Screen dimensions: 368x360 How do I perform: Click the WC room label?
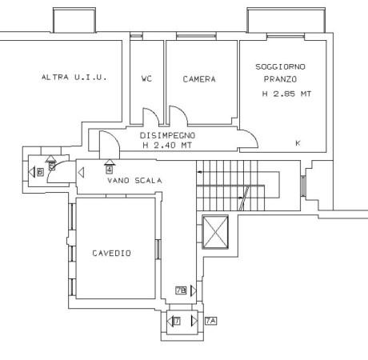point(146,78)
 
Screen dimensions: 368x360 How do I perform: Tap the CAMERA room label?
point(199,79)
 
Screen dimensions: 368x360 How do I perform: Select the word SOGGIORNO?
point(280,66)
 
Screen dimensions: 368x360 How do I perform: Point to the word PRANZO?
point(280,79)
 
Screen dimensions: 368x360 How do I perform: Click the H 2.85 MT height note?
point(286,94)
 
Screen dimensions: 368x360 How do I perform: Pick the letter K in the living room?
point(298,143)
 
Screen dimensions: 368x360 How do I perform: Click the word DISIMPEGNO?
point(167,135)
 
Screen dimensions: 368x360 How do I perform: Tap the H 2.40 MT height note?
point(167,146)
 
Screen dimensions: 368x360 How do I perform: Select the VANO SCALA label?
point(134,181)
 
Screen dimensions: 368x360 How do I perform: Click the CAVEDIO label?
point(112,253)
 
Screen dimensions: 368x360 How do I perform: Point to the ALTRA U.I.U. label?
point(74,78)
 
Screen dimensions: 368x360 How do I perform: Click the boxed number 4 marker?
point(109,170)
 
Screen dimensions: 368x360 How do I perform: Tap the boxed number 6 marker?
point(40,172)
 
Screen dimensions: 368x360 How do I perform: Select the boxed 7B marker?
point(181,290)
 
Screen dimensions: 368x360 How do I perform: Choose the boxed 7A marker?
point(210,321)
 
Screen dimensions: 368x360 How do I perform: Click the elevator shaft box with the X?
point(215,232)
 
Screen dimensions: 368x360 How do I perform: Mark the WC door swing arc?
point(154,113)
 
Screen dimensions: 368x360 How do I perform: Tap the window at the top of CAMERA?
point(196,36)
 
